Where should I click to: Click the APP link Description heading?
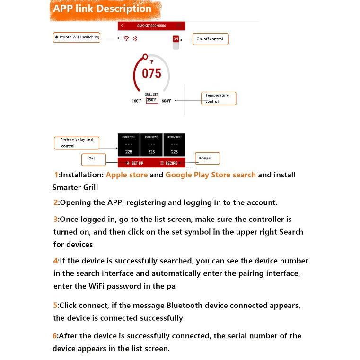102,9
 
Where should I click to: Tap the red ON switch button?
176,39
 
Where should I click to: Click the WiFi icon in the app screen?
126,39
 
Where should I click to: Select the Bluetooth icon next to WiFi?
135,39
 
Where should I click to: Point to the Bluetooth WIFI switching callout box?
76,37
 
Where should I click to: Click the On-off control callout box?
210,39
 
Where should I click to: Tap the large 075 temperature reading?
151,73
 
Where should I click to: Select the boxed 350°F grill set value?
151,100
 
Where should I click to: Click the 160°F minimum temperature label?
136,101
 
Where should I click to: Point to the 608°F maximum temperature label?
167,101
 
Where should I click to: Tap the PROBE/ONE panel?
129,145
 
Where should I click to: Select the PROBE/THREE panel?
175,145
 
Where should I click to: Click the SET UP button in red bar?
135,163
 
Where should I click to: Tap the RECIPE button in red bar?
169,163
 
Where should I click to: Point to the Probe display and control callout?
76,143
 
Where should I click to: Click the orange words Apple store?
127,175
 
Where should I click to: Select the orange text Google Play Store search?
211,175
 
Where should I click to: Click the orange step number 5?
55,306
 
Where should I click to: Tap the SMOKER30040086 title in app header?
151,26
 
